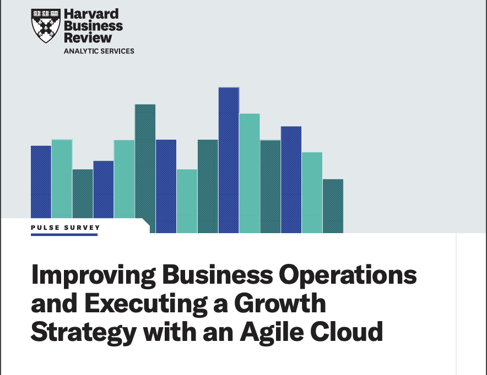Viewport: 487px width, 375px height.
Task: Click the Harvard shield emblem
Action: point(46,26)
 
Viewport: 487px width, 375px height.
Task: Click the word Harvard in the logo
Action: point(91,14)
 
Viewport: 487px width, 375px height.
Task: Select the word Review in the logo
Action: point(88,38)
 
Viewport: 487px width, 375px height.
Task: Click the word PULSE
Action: point(45,228)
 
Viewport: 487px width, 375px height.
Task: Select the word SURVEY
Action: point(82,228)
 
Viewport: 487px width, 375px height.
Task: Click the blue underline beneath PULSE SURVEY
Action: point(64,235)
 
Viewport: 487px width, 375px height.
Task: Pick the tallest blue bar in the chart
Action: point(229,160)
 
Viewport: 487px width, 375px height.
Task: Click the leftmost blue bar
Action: point(41,182)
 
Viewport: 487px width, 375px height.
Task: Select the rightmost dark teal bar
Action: point(333,206)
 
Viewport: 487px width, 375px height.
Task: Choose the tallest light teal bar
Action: point(250,173)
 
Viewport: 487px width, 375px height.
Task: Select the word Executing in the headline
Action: point(146,304)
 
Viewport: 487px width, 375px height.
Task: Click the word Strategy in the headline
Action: point(84,333)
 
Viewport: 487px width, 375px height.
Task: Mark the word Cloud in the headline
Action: point(347,332)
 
